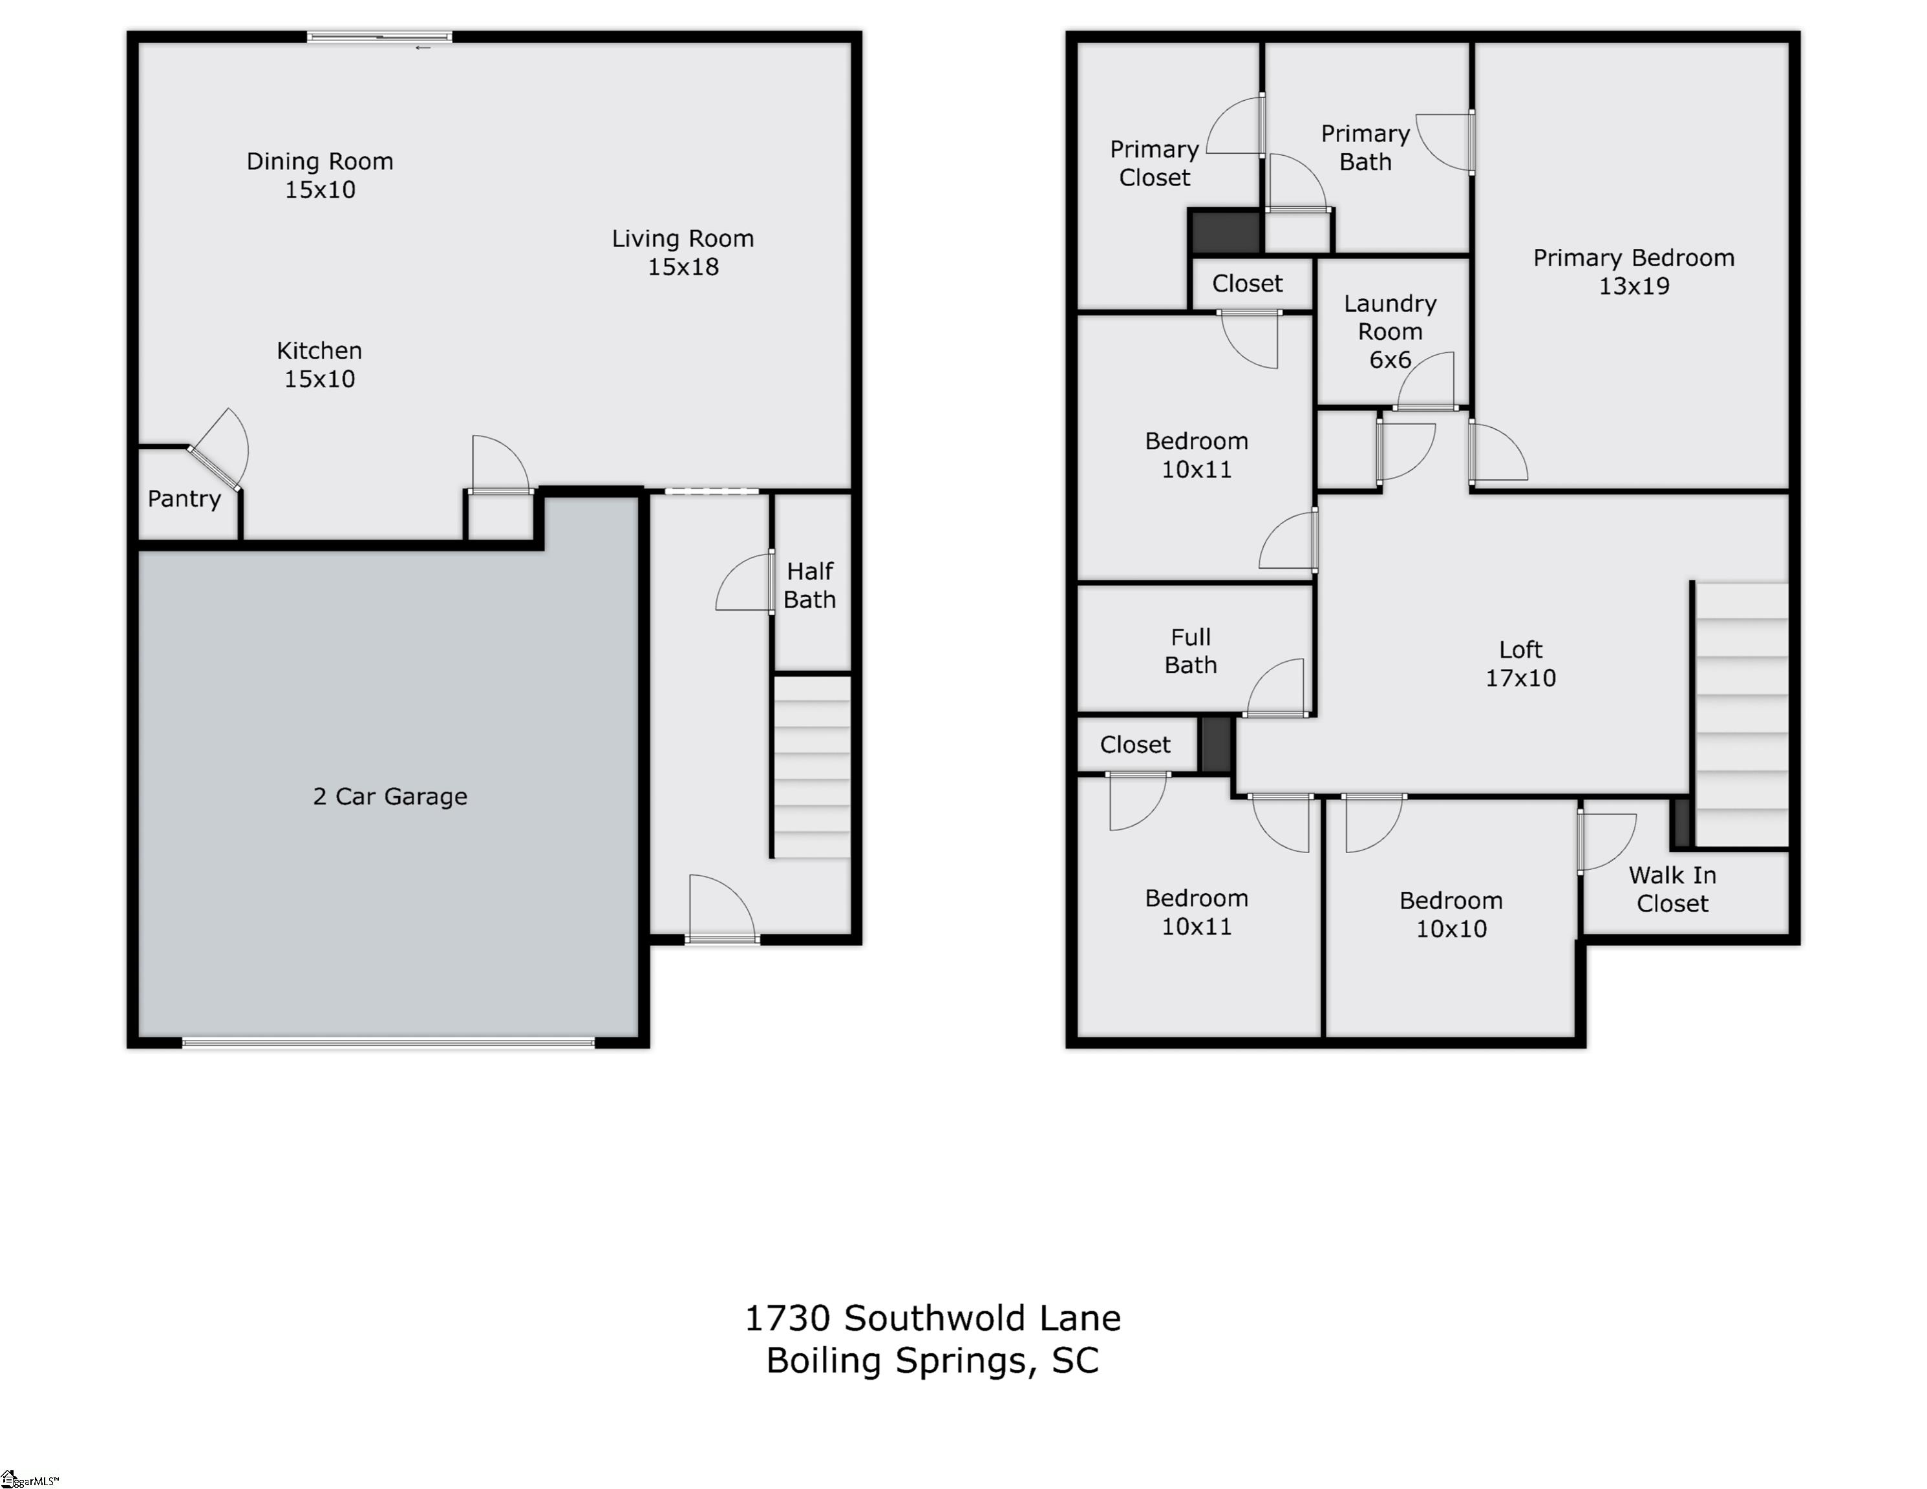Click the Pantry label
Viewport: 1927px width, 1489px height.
pyautogui.click(x=184, y=500)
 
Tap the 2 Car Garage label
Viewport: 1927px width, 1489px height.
pyautogui.click(x=390, y=797)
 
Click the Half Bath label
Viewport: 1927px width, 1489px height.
pyautogui.click(x=810, y=585)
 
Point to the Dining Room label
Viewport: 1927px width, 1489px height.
pyautogui.click(x=319, y=162)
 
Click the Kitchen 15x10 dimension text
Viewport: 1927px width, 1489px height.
pyautogui.click(x=319, y=379)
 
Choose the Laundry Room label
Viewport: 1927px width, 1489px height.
pyautogui.click(x=1390, y=317)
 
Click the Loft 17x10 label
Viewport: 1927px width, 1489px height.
pyautogui.click(x=1520, y=663)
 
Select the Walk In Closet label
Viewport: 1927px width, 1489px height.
pyautogui.click(x=1672, y=889)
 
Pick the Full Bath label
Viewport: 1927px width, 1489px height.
pyautogui.click(x=1190, y=651)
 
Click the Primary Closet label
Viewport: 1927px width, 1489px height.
pyautogui.click(x=1154, y=164)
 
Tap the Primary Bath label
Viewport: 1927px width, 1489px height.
pyautogui.click(x=1365, y=147)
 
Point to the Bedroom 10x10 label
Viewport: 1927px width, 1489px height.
pyautogui.click(x=1451, y=914)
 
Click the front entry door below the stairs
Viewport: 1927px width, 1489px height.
pyautogui.click(x=722, y=940)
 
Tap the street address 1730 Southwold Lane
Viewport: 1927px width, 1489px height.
pyautogui.click(x=933, y=1318)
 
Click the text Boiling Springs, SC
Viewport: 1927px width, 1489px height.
pyautogui.click(x=933, y=1360)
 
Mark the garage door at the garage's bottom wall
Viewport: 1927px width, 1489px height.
pyautogui.click(x=389, y=1042)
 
